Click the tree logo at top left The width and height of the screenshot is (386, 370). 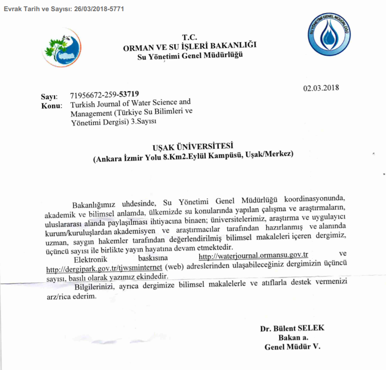60,48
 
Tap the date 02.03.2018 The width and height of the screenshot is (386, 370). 321,88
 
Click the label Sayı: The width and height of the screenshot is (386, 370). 49,96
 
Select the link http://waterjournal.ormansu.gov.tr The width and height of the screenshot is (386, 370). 254,255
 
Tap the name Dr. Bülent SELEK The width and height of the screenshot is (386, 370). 292,329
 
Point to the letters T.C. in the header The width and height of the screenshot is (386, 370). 190,37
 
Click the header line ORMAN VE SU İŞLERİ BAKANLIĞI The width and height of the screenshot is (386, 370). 190,46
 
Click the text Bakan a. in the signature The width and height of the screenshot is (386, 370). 293,338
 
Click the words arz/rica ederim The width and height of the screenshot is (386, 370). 73,296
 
